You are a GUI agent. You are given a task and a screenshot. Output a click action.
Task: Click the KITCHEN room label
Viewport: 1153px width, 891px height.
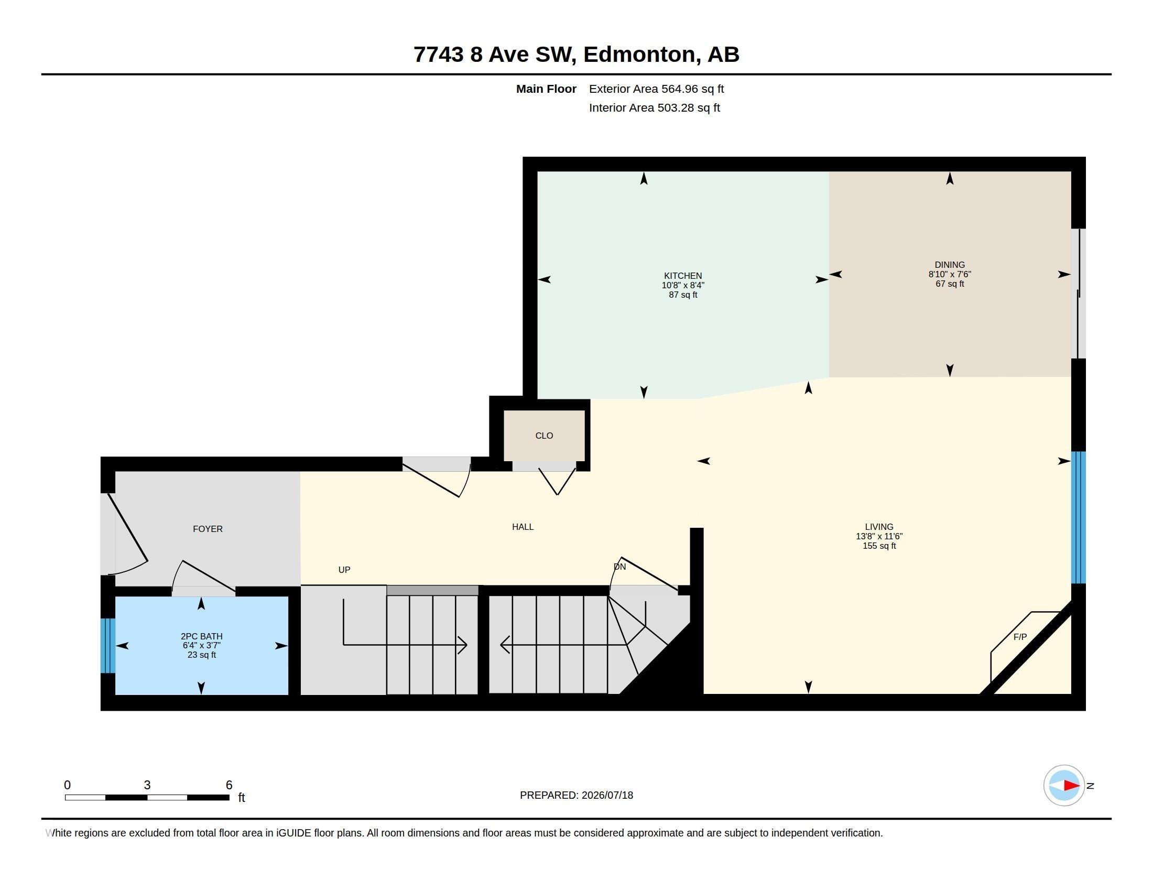coord(682,276)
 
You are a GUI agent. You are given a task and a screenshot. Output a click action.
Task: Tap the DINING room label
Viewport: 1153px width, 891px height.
coord(949,265)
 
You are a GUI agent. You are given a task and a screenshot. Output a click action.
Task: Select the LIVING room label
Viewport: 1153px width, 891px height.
coord(879,527)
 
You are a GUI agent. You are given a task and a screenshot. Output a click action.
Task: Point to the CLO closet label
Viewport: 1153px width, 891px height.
coord(544,436)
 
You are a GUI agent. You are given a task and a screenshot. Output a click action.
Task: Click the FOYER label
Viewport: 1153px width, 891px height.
coord(208,529)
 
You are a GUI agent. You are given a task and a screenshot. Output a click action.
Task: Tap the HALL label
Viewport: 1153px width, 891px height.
coord(523,527)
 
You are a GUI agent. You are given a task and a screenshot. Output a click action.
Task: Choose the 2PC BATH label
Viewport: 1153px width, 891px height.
coord(202,636)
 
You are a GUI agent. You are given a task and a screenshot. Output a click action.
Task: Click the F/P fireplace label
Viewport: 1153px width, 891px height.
coord(1020,637)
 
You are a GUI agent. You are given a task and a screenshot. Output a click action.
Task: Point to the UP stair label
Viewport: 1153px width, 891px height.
coord(344,570)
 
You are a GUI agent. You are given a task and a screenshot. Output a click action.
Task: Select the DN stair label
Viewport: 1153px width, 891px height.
coord(620,567)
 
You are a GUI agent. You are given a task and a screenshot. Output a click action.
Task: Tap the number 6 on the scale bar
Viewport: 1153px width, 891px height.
coord(229,785)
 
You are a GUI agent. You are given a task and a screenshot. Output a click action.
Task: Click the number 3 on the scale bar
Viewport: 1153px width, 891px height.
coord(147,785)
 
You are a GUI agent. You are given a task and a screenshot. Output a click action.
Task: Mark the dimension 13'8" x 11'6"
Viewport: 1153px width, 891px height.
coord(879,536)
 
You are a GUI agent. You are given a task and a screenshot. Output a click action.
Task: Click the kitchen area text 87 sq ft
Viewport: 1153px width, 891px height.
coord(682,295)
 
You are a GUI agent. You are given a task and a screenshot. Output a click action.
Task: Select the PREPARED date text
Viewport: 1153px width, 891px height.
coord(576,795)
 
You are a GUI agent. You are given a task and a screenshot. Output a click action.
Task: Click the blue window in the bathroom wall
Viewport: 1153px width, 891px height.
coord(107,646)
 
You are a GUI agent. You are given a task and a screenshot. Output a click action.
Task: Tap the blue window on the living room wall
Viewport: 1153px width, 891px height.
coord(1078,517)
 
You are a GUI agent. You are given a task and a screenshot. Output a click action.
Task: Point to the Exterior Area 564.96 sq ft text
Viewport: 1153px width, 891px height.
coord(656,89)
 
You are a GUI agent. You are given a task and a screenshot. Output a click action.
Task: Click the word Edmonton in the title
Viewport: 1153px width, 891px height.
coord(639,55)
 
